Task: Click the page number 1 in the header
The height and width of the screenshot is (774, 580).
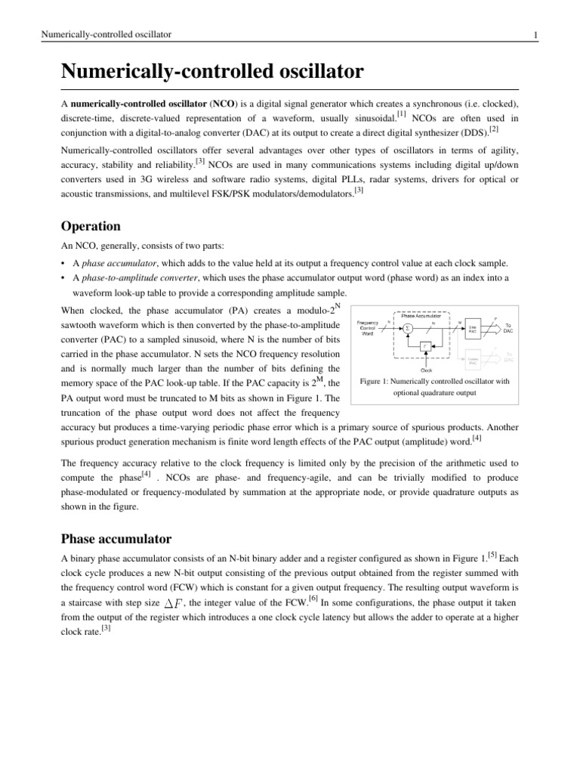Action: [535, 35]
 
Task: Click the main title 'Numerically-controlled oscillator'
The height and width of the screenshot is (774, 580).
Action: [212, 73]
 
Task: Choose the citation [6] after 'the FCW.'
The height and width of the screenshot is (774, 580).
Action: [313, 599]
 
